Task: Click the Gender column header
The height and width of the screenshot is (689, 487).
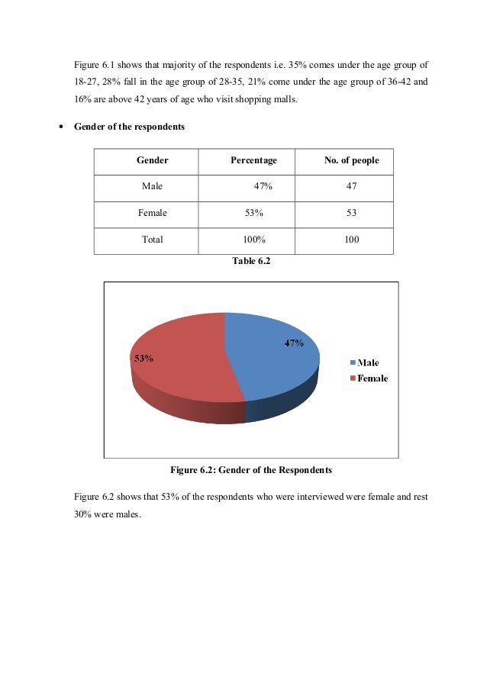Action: coord(152,161)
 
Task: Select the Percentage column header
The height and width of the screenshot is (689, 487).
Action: coord(253,161)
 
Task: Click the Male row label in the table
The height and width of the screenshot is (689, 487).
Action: coord(152,186)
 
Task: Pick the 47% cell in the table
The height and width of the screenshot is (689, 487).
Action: coord(263,186)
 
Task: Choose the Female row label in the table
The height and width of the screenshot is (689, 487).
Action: coord(152,213)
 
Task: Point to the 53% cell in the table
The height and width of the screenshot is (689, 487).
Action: coord(253,213)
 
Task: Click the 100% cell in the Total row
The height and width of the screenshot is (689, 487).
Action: coord(253,240)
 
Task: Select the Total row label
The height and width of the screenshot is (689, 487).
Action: coord(152,240)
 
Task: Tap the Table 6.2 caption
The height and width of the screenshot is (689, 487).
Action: coord(251,261)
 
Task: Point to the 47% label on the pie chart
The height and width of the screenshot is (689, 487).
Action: coord(295,343)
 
